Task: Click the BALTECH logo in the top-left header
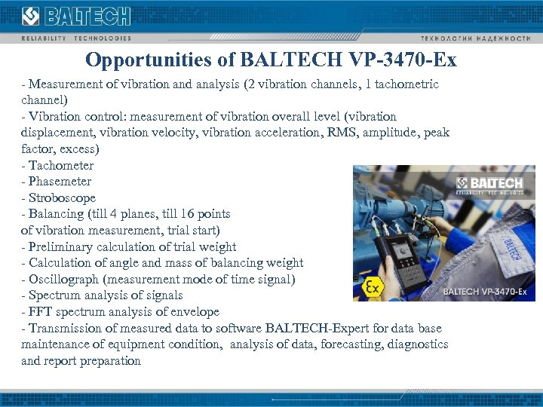[76, 17]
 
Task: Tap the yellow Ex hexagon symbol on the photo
[372, 287]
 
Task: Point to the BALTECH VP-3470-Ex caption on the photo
[483, 291]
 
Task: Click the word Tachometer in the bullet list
[61, 166]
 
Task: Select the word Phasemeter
[60, 182]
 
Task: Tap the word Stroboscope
[63, 198]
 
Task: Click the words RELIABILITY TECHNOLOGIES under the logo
[76, 38]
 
